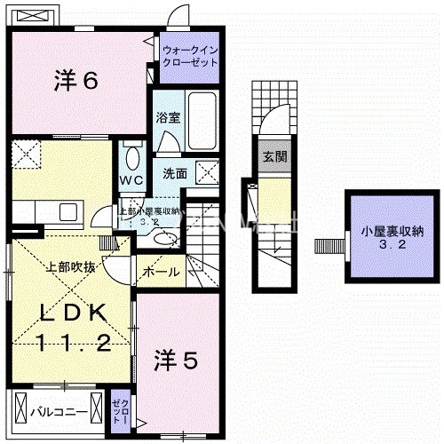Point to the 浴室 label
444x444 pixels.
pos(167,117)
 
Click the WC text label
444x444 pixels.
pos(131,179)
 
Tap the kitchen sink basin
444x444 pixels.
pos(67,211)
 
